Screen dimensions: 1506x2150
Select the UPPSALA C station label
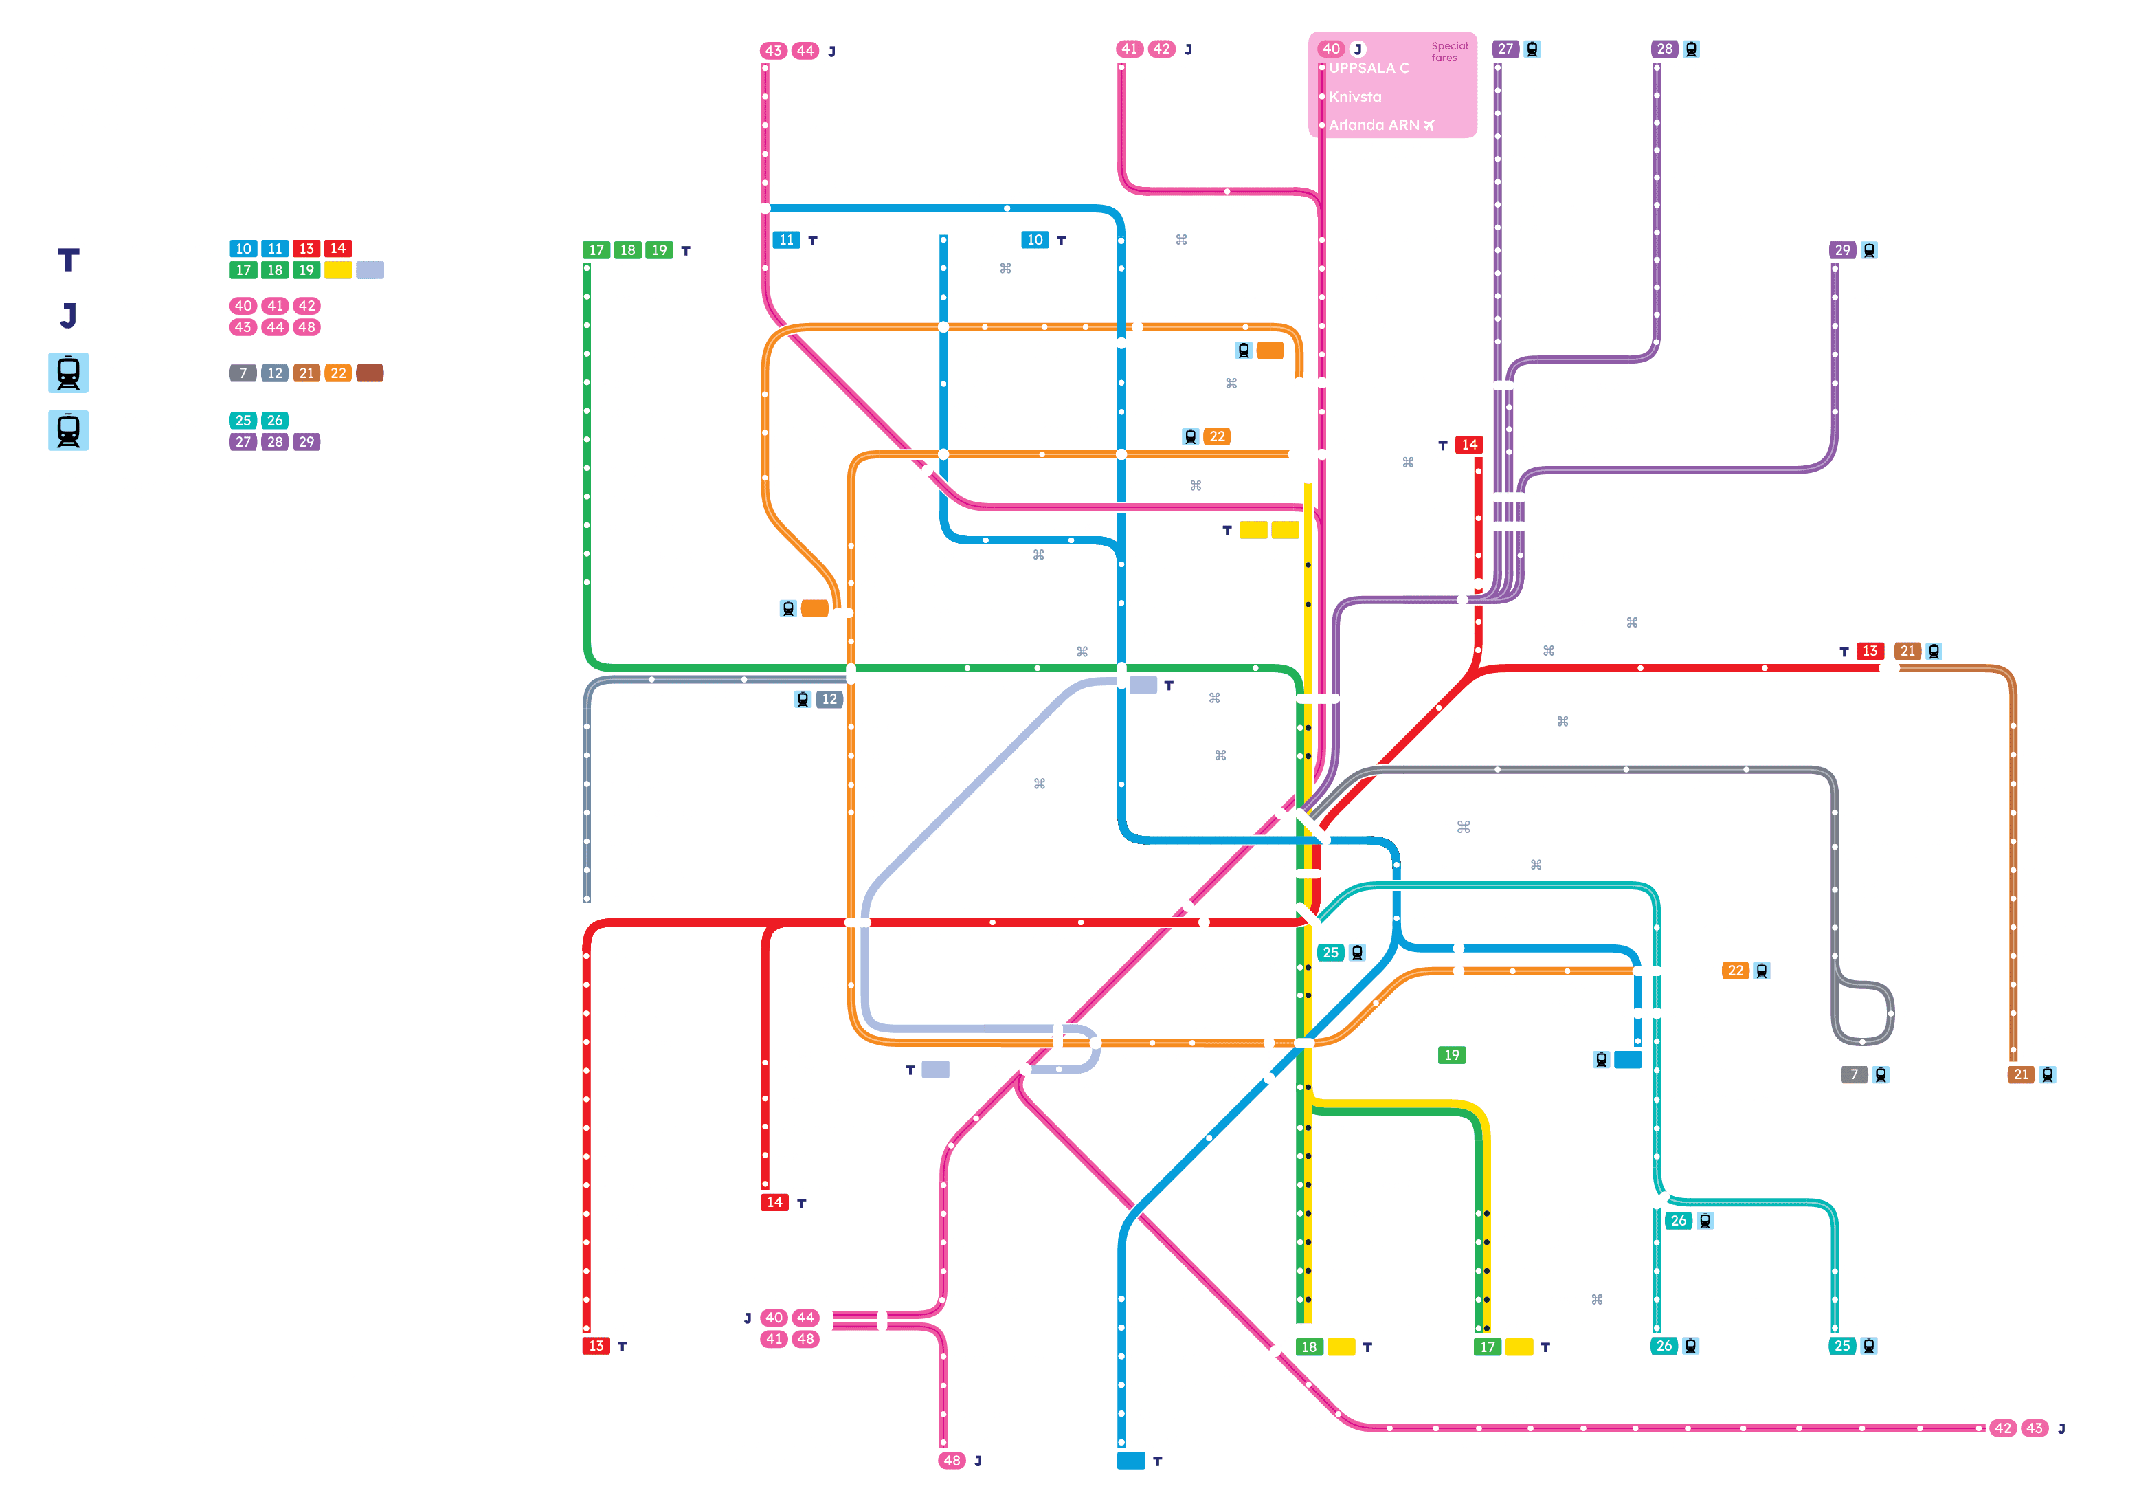pyautogui.click(x=1368, y=67)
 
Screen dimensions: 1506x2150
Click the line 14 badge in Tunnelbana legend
pyautogui.click(x=338, y=249)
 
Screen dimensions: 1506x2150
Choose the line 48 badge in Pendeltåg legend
pyautogui.click(x=306, y=327)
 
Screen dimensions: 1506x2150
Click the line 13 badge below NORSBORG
pyautogui.click(x=596, y=1346)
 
